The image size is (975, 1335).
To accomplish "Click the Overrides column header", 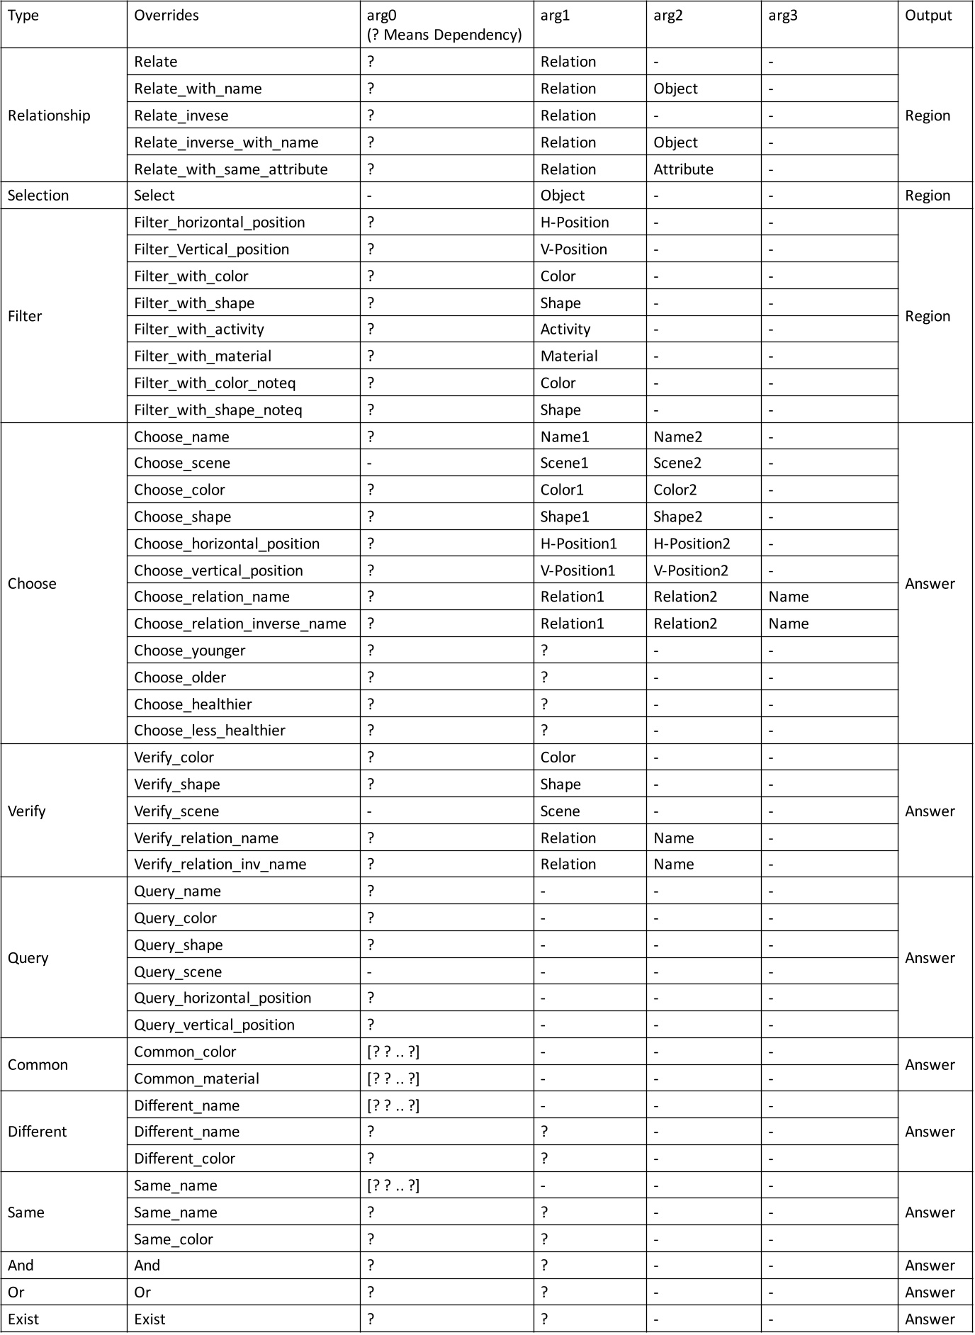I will click(x=167, y=16).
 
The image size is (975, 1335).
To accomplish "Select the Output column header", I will click(x=928, y=16).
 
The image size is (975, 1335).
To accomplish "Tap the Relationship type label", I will click(x=49, y=116).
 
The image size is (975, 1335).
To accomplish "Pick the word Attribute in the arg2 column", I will click(x=683, y=169).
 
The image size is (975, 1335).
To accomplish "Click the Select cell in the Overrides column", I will click(x=154, y=196).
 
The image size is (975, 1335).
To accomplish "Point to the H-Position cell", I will click(x=574, y=222).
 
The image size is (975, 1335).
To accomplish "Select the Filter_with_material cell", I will click(x=203, y=356).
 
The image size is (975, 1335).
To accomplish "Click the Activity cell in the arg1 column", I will click(x=565, y=329).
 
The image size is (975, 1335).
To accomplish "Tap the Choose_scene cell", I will click(x=182, y=463).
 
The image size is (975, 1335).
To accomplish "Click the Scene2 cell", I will click(x=677, y=463).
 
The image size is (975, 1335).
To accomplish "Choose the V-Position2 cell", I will click(x=691, y=570).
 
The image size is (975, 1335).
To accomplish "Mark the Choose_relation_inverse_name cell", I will click(x=240, y=624).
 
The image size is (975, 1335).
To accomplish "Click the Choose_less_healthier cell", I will click(x=210, y=731).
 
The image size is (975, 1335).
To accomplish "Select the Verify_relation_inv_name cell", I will click(x=220, y=864).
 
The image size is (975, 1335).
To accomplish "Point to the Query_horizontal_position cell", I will click(x=222, y=998).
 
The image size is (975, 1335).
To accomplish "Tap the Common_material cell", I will click(x=196, y=1078).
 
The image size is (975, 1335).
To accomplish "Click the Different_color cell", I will click(x=184, y=1159).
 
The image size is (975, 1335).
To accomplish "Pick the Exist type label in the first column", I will click(x=23, y=1319).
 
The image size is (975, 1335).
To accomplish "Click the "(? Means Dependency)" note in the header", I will click(x=444, y=35).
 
